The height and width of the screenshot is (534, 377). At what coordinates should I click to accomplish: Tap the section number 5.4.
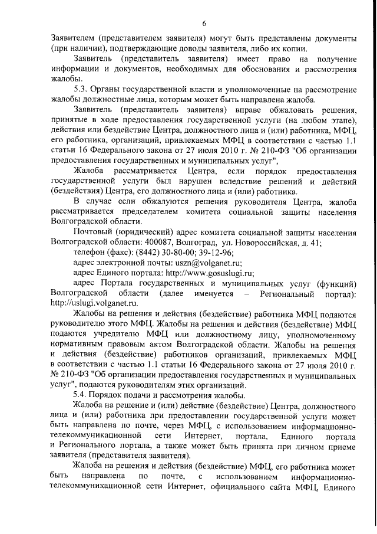pyautogui.click(x=81, y=395)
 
